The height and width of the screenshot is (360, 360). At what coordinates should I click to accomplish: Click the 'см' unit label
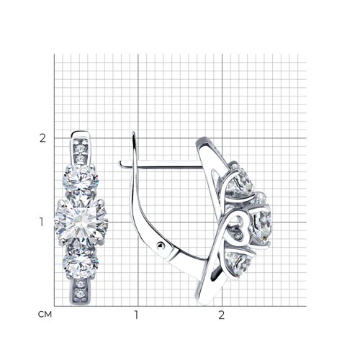click(x=45, y=314)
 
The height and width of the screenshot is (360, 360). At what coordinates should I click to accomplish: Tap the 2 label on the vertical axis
click(x=42, y=138)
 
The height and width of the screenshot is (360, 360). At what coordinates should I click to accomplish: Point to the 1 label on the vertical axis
click(x=42, y=222)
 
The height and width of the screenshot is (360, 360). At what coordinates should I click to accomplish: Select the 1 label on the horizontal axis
click(x=136, y=315)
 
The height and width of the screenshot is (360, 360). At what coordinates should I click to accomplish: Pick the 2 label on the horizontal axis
click(x=221, y=315)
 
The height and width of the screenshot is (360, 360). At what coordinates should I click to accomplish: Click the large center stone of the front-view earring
click(x=81, y=222)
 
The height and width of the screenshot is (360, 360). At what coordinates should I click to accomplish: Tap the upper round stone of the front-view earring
click(x=81, y=179)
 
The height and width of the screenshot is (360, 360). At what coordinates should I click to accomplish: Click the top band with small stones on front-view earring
click(x=81, y=146)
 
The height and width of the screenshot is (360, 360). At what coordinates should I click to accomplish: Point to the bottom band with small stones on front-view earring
click(x=81, y=292)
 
